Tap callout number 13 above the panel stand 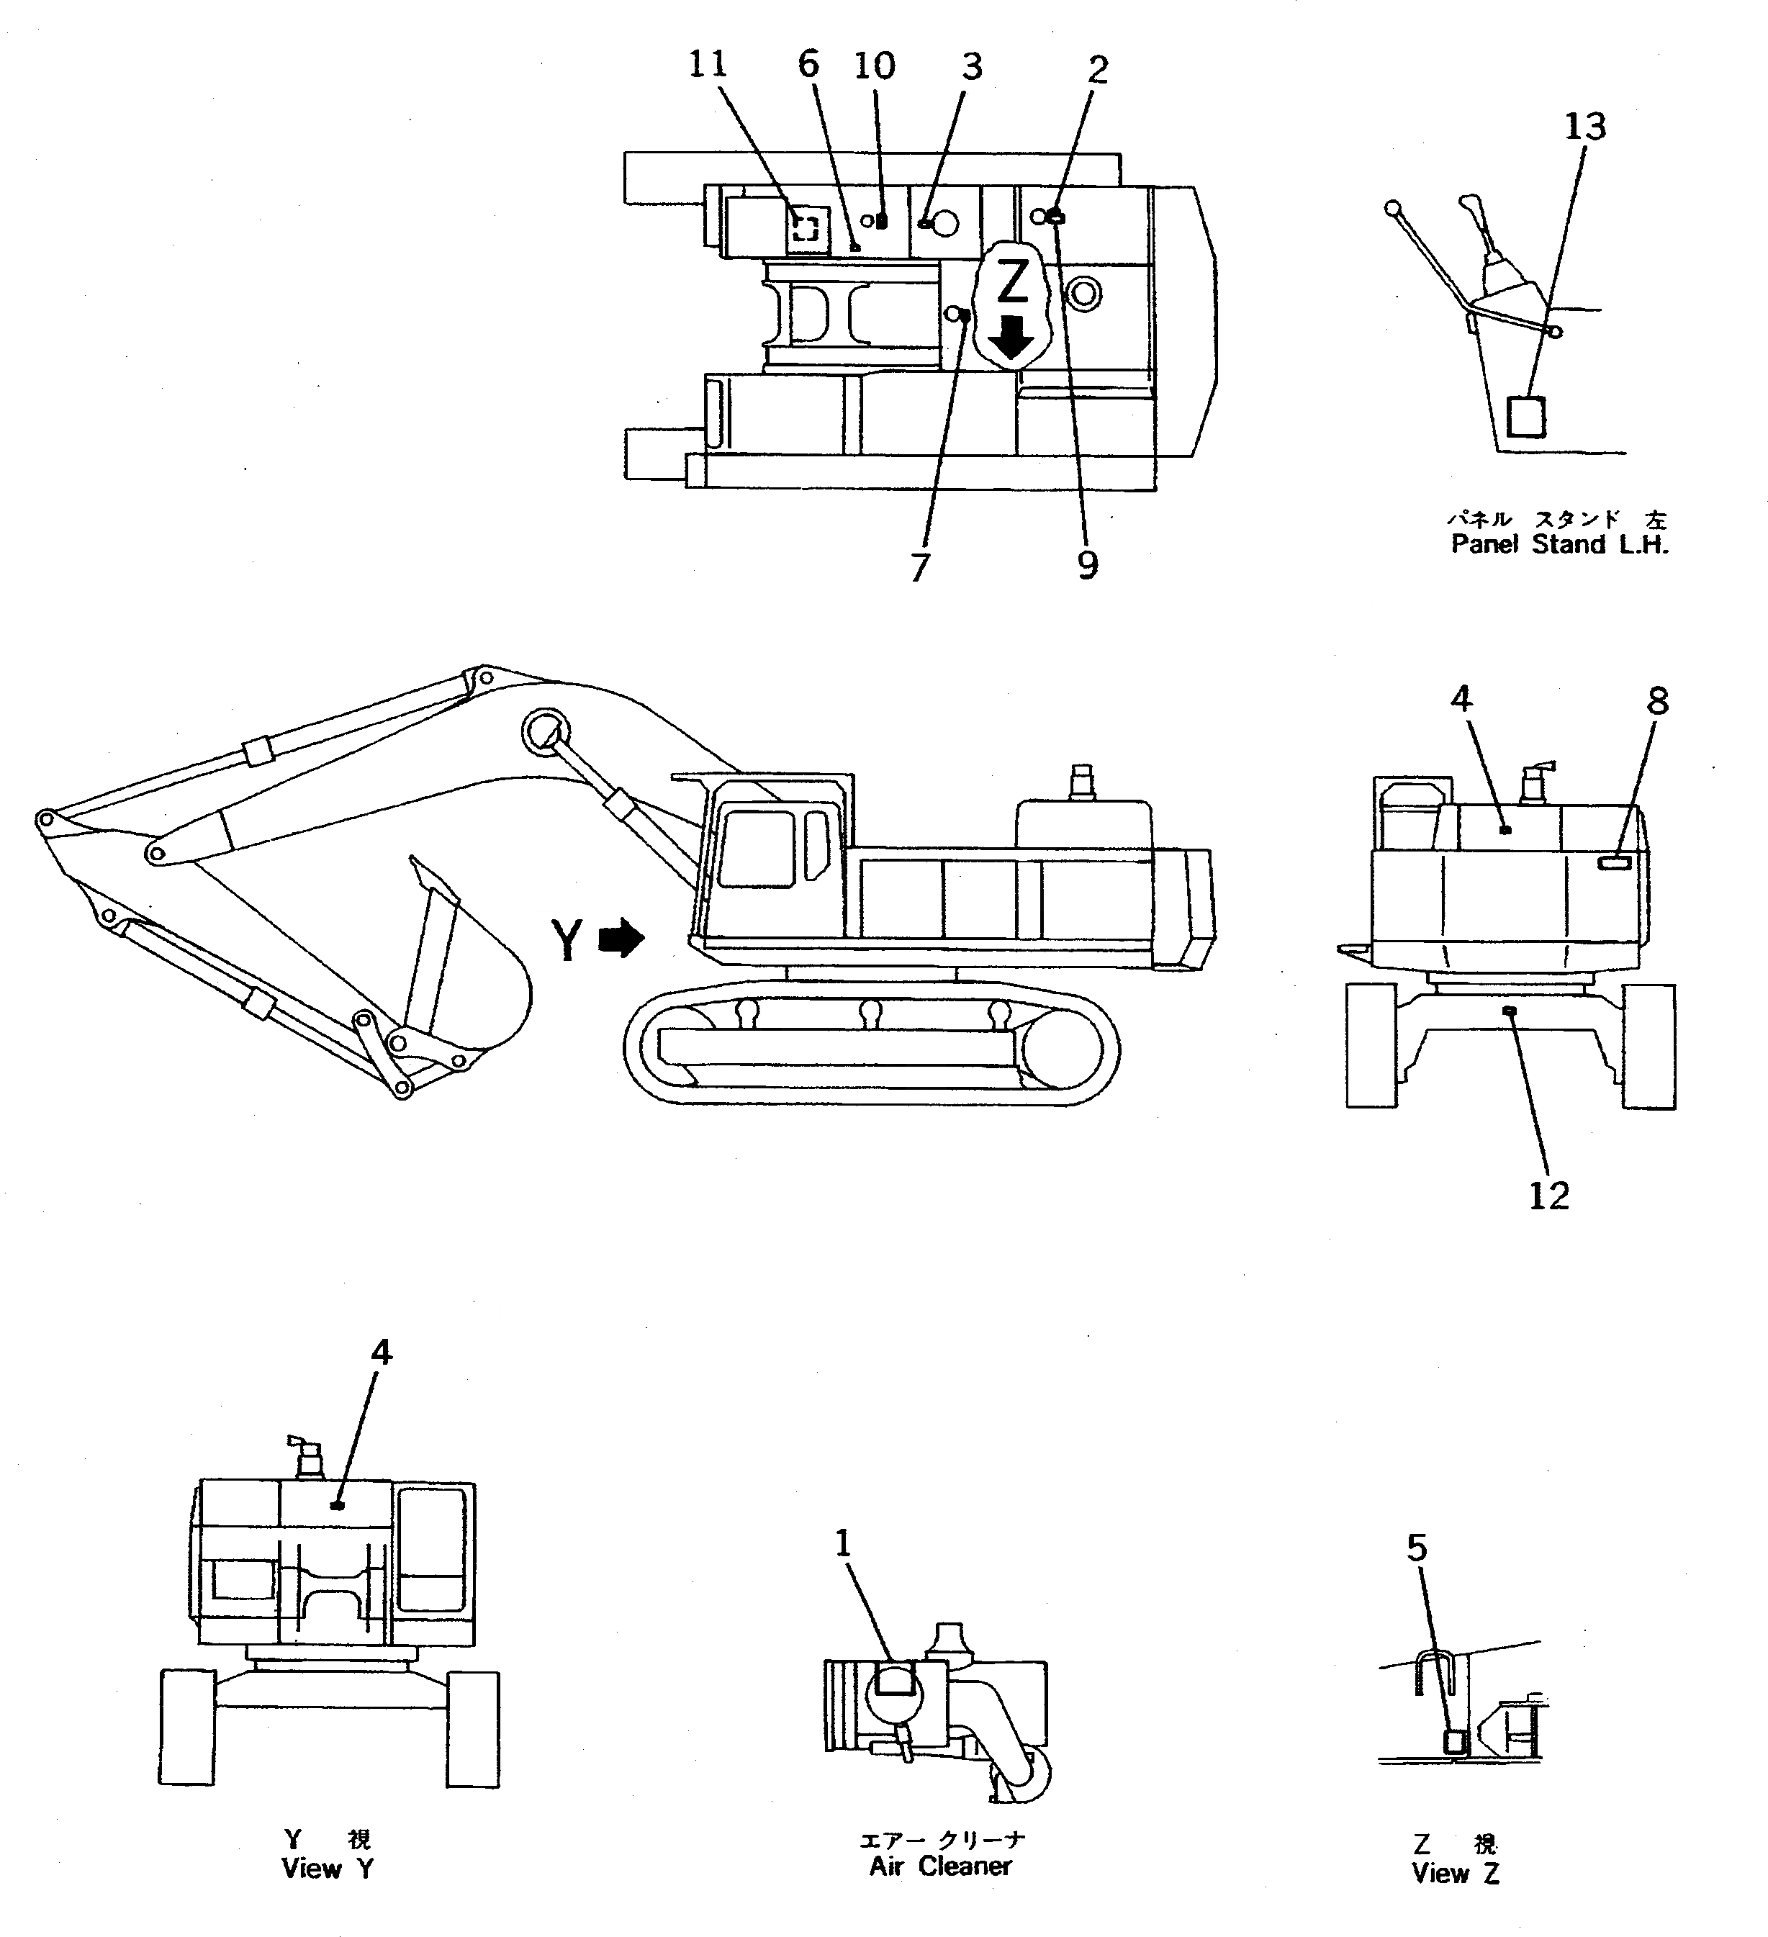click(1584, 126)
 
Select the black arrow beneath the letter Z click(1010, 338)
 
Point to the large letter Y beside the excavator click(568, 939)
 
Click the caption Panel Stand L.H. click(1559, 545)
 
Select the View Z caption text click(1455, 1873)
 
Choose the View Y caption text click(327, 1869)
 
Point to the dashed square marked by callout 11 click(806, 227)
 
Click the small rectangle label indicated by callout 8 click(1614, 864)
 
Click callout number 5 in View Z click(1417, 1547)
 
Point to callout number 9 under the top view click(1087, 565)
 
